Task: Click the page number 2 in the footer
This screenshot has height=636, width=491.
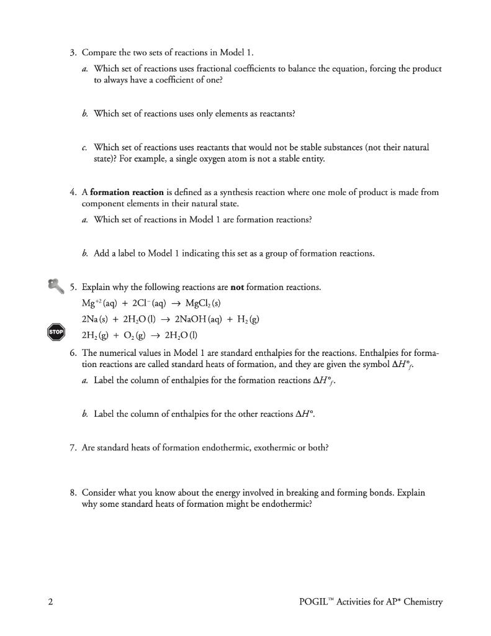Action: pyautogui.click(x=50, y=601)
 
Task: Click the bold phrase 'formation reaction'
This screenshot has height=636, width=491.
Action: pyautogui.click(x=127, y=192)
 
